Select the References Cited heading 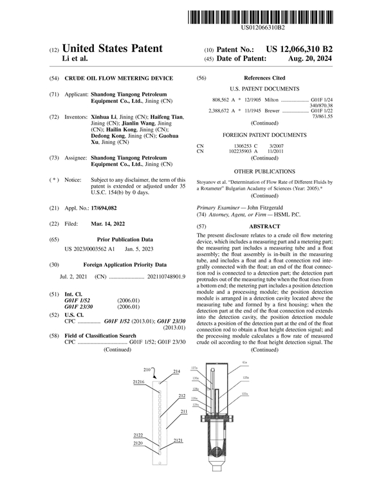point(264,78)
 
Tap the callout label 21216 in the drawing point(139,382)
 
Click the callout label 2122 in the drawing point(138,435)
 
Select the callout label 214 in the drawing point(177,372)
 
